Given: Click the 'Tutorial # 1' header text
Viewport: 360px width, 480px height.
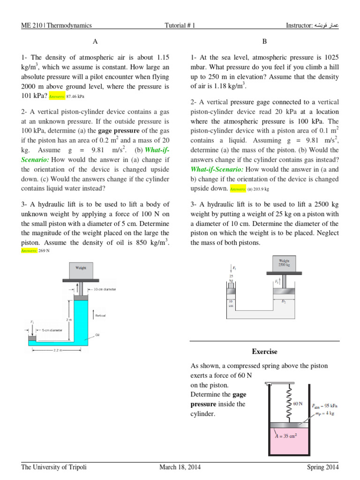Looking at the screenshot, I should coord(180,26).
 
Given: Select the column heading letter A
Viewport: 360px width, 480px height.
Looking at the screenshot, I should coord(95,41).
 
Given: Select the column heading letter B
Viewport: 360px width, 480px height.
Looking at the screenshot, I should coord(264,41).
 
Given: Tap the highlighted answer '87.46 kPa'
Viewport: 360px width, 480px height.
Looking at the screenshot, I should coord(75,96).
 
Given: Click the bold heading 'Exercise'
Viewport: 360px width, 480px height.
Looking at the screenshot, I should coord(264,351).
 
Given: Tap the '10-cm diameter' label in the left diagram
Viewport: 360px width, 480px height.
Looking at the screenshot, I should coord(105,289).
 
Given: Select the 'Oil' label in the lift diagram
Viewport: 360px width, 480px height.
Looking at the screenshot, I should coord(97,335).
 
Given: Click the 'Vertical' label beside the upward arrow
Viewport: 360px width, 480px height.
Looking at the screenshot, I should coord(100,315).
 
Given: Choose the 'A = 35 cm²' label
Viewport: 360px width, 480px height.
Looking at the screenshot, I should coord(285,435).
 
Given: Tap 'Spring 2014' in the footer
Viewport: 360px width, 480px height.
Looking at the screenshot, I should coord(320,467).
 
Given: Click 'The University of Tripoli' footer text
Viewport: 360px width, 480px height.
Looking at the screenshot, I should coord(54,467).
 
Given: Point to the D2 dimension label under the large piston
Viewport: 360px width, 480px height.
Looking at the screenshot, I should coord(284,302).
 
